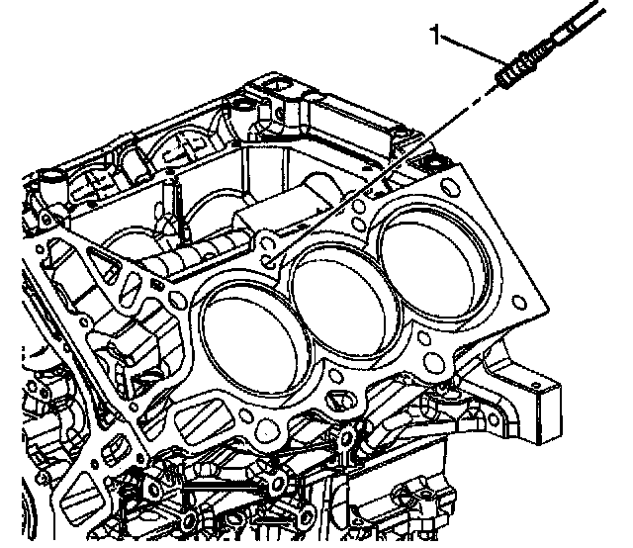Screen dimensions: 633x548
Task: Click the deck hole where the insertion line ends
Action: (x=267, y=262)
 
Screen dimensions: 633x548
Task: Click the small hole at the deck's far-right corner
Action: (x=519, y=303)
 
